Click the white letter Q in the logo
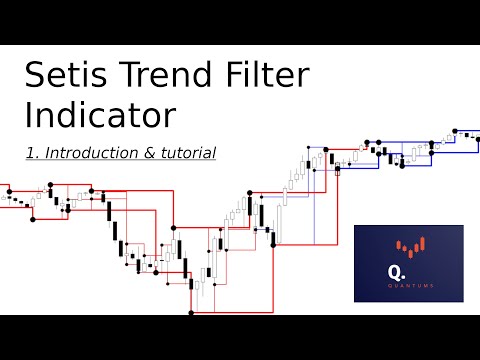click(396, 271)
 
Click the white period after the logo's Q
click(405, 275)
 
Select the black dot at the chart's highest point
click(455, 130)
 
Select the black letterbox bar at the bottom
click(240, 337)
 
